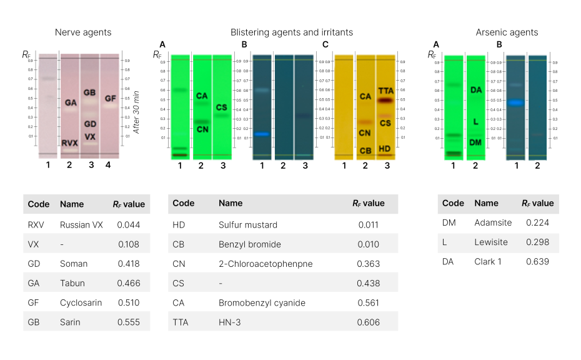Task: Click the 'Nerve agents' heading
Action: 83,32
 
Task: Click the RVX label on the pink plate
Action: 70,143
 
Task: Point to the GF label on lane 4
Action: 110,99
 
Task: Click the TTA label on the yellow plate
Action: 385,91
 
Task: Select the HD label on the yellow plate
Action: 385,148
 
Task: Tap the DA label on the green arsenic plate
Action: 475,91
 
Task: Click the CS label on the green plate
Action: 221,107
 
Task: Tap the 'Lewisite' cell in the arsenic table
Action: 490,242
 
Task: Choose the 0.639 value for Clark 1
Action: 537,261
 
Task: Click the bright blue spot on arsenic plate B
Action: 514,102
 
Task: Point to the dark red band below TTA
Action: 385,100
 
